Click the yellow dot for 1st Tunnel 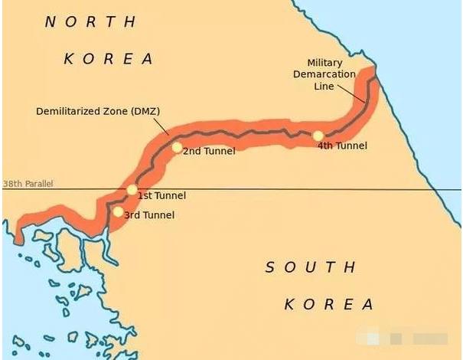132,189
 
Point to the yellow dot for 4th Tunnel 318,136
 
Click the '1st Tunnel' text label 161,196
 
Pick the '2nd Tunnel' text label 209,151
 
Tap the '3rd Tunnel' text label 149,215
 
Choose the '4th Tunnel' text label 342,146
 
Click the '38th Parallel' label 29,185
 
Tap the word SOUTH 311,267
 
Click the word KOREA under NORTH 108,58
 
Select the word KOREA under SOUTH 328,304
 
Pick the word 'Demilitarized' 67,111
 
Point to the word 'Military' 324,63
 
